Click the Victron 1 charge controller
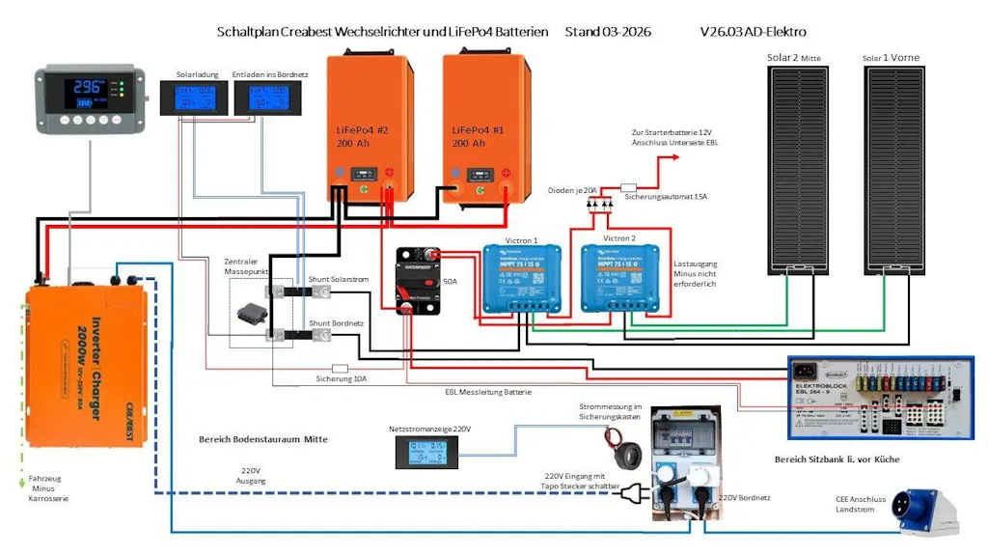[522, 278]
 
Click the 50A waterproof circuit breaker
[418, 281]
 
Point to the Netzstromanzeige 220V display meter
[425, 452]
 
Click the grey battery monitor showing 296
[88, 97]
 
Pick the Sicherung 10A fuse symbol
[339, 368]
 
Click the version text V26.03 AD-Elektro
[753, 32]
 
